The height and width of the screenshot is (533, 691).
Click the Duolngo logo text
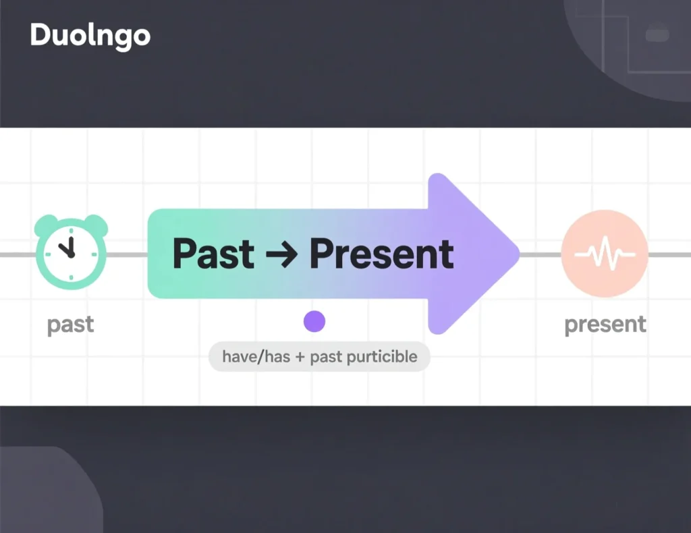point(90,36)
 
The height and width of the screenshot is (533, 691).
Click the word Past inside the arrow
point(213,254)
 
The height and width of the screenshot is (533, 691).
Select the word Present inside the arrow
point(381,254)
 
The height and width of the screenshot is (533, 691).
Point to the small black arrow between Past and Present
point(281,255)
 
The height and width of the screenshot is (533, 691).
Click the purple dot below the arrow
point(314,321)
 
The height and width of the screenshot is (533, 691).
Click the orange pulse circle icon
point(604,254)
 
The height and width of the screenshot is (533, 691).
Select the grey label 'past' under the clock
point(71,325)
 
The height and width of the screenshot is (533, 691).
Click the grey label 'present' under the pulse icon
point(605,325)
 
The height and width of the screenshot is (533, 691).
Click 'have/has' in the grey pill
point(254,356)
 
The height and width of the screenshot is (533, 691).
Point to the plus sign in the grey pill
point(299,356)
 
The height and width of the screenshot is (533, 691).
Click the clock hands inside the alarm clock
point(67,250)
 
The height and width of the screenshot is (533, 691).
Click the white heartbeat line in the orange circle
point(604,255)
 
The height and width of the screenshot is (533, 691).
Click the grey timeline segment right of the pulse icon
point(669,254)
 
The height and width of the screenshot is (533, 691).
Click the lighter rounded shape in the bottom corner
point(47,493)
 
